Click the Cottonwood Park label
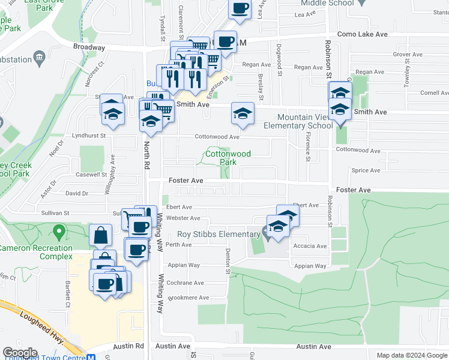point(228,158)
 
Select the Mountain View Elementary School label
point(298,121)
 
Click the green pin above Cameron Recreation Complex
point(59,230)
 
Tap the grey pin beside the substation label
point(40,59)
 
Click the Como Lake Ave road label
point(362,35)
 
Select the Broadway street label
point(89,47)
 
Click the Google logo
point(20,353)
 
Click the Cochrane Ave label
point(185,283)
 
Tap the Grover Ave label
point(408,55)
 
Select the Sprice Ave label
point(366,170)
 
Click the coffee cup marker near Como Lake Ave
point(225,42)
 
